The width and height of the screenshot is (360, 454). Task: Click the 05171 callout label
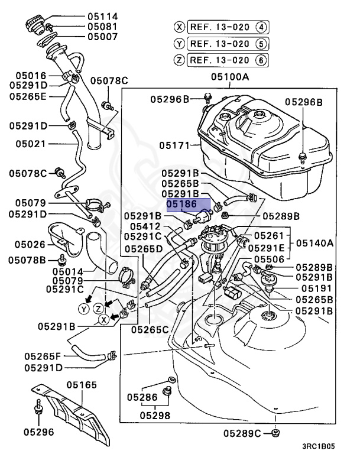(x=175, y=144)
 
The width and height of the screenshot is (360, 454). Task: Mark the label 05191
(x=317, y=288)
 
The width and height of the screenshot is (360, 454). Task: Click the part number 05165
(x=82, y=385)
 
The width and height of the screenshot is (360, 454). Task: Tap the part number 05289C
(x=242, y=434)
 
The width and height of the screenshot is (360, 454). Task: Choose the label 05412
(x=145, y=226)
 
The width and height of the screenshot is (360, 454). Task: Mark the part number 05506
(x=269, y=259)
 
